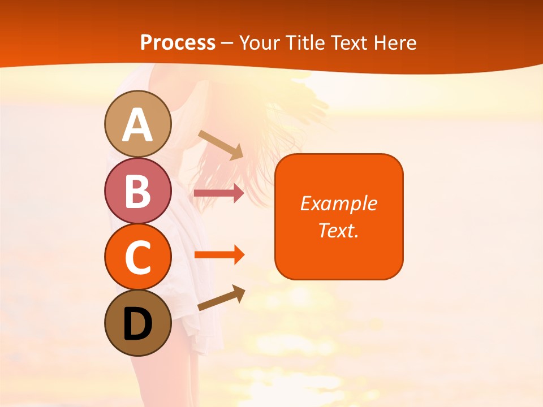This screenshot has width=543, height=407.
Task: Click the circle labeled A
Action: coord(137,124)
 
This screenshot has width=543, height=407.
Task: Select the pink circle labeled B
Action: coord(137,190)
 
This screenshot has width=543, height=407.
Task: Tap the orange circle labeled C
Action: coord(137,257)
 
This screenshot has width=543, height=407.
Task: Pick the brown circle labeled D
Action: coord(137,323)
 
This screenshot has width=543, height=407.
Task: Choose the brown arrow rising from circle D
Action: coord(221,298)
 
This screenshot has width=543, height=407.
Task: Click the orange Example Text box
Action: coord(339,217)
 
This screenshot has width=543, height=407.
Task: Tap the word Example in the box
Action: coord(339,203)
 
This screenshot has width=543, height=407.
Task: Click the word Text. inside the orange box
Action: coord(339,230)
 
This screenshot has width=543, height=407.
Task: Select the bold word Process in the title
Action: coord(178,43)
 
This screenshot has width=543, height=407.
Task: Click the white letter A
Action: coord(137,125)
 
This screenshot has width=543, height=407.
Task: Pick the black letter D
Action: coord(137,324)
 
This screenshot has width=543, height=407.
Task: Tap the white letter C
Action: coord(137,258)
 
